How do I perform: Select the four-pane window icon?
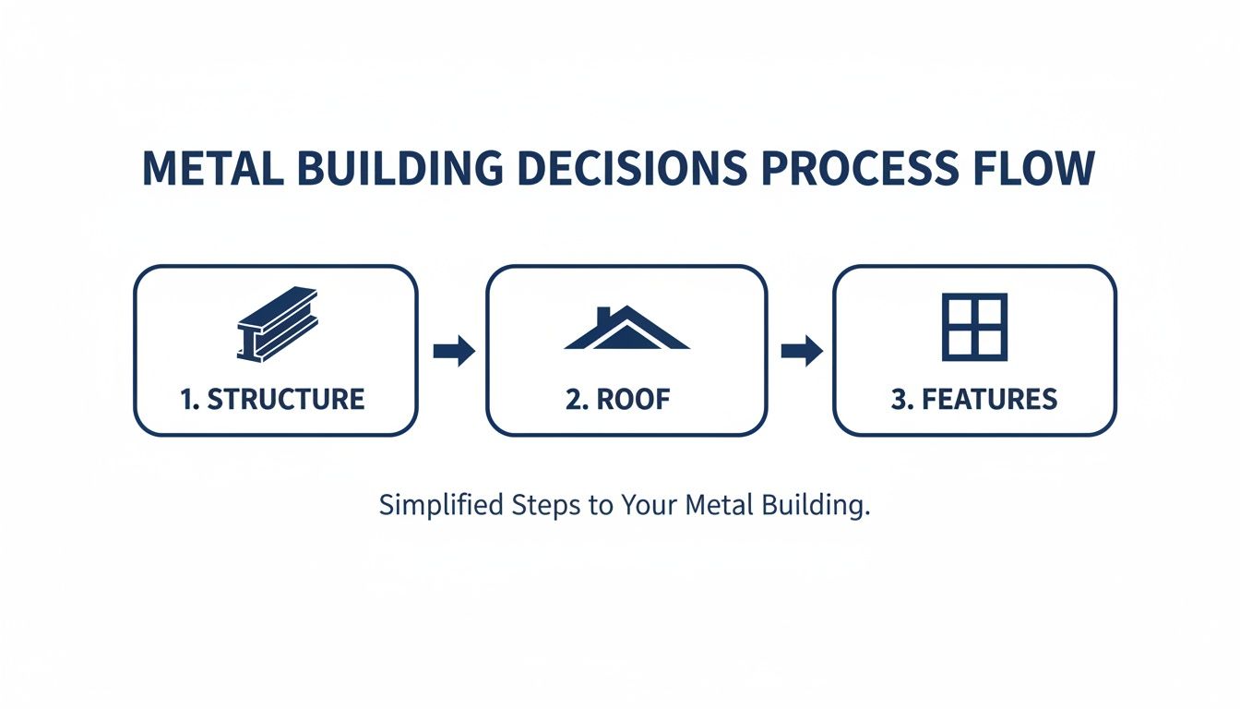click(974, 327)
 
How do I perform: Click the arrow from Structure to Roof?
click(453, 351)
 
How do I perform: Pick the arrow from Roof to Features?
click(801, 351)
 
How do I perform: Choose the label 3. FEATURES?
click(974, 400)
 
